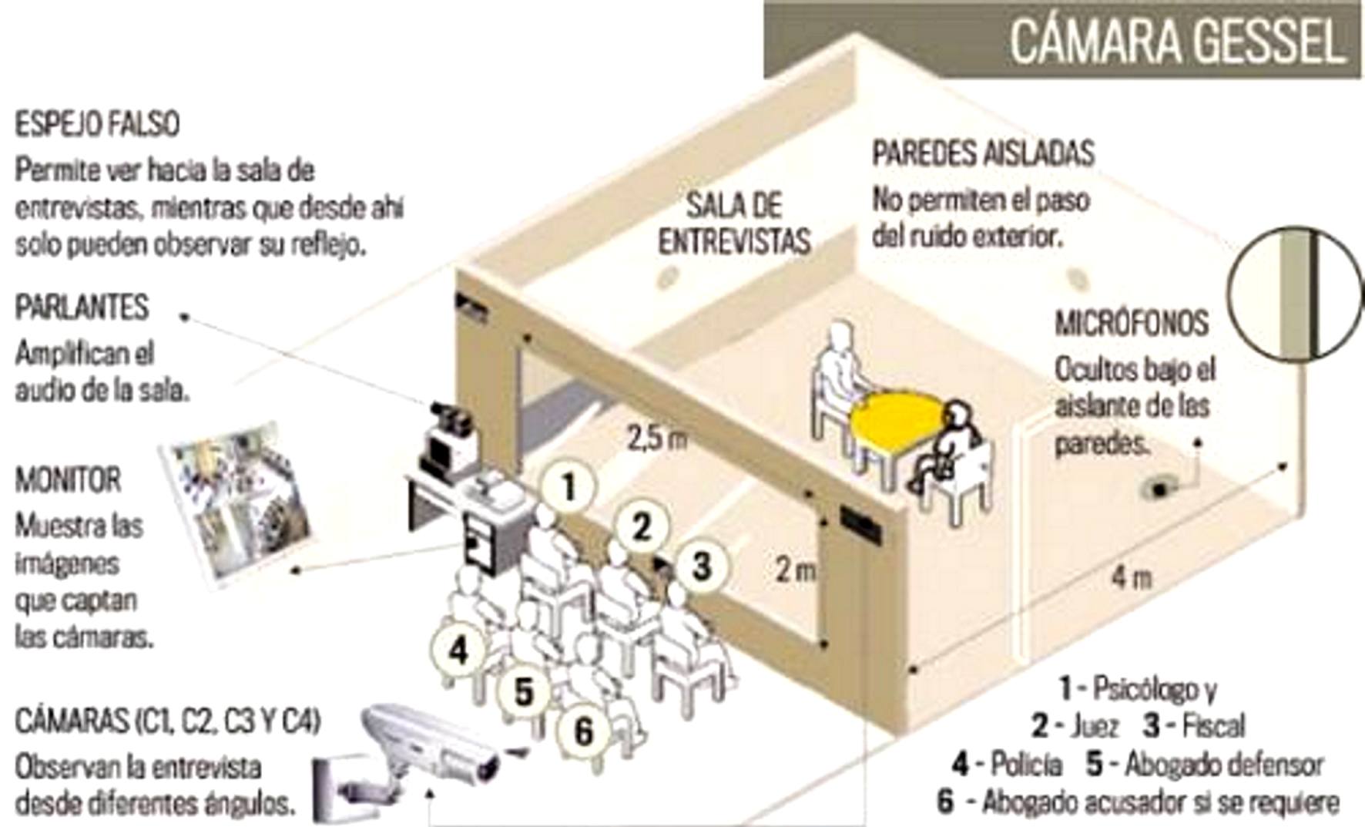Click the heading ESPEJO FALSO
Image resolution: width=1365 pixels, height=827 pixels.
point(97,124)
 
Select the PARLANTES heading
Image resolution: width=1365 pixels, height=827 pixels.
point(82,308)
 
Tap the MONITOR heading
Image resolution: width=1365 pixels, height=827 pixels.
point(68,480)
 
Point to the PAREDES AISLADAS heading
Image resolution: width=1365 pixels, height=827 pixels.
point(983,153)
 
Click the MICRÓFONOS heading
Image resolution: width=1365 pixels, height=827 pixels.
point(1132,323)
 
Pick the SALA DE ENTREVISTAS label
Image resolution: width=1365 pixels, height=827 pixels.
point(734,224)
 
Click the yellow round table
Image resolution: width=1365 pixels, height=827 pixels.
point(897,419)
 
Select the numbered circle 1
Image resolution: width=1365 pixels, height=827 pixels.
point(568,486)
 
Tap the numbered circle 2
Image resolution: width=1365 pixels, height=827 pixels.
point(641,526)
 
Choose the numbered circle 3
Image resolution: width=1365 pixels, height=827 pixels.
point(700,566)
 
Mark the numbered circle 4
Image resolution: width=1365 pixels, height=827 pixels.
point(459,650)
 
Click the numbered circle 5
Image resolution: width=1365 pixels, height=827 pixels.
point(524,691)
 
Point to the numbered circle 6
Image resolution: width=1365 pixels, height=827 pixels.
point(583,729)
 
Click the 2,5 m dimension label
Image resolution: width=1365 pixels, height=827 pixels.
point(656,439)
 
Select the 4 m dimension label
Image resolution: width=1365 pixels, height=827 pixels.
point(1132,577)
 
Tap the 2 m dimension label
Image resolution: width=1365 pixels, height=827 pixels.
point(795,570)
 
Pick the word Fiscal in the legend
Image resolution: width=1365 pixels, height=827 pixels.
point(1212,725)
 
